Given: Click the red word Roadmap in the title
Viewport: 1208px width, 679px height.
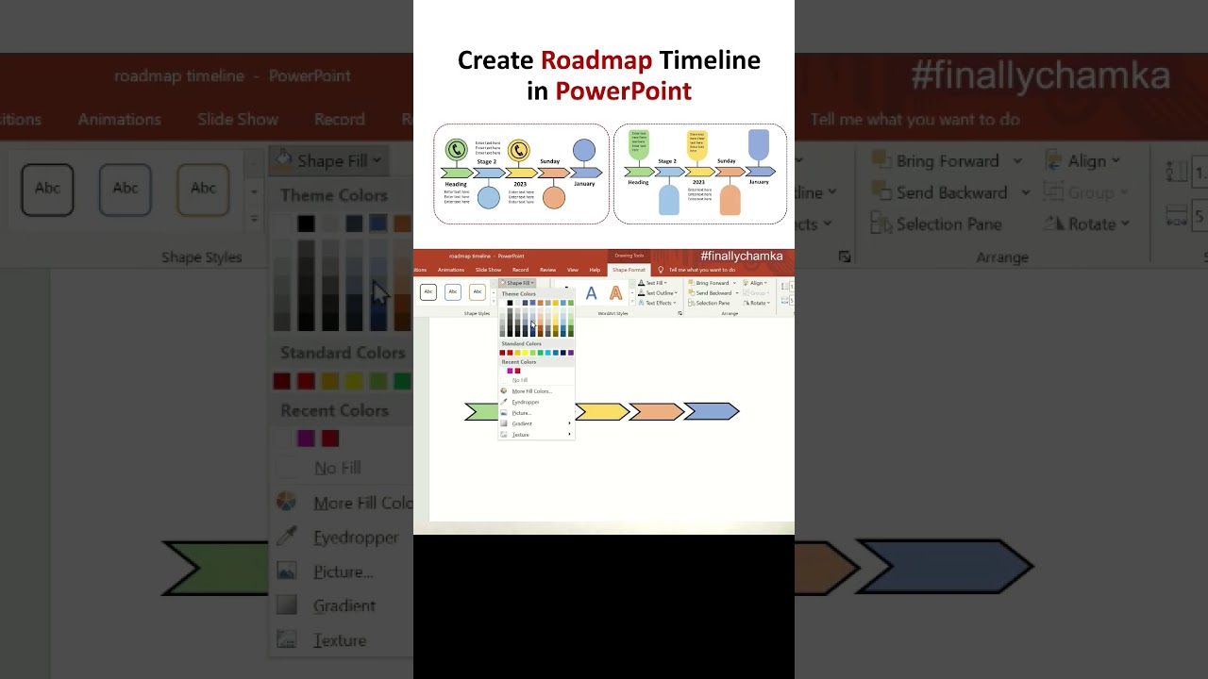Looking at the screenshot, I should click(596, 60).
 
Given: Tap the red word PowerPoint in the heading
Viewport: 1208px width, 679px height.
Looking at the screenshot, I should click(623, 91).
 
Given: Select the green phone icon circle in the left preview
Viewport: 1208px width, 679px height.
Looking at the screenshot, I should click(457, 149).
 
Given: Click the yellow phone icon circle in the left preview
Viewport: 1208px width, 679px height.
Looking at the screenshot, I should click(518, 150).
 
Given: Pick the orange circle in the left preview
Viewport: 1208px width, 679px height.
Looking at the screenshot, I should click(554, 197).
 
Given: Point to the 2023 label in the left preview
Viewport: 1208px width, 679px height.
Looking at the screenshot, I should click(520, 184).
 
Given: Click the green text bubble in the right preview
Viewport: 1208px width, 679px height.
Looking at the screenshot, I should click(639, 143).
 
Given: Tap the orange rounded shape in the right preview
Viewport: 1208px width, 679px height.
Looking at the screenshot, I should click(730, 200).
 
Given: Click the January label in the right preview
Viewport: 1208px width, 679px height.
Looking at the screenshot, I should click(759, 182).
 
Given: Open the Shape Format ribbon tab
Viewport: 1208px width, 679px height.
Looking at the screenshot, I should click(629, 270).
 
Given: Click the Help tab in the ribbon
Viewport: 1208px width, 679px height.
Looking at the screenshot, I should click(595, 270).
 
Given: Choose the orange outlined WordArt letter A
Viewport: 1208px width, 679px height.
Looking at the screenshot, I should click(615, 293).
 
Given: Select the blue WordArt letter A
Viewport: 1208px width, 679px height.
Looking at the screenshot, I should click(591, 293).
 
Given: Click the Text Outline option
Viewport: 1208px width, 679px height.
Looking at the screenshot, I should click(659, 293).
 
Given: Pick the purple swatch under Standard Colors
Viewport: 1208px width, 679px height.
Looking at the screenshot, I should click(571, 353).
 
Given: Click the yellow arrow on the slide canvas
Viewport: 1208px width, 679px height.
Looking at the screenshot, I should click(601, 411).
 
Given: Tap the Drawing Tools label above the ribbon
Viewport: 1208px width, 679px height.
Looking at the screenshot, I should click(629, 256).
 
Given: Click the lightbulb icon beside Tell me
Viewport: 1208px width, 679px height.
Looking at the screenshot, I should click(661, 270).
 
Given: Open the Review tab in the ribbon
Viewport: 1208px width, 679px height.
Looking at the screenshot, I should click(547, 270).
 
